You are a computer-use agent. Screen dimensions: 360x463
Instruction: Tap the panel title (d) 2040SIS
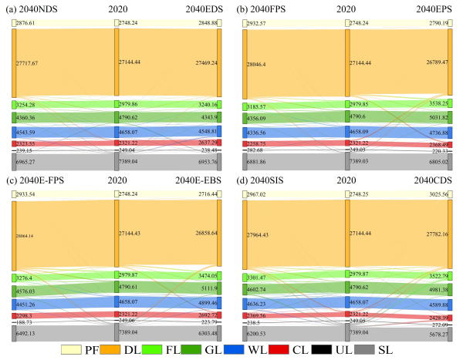[x=262, y=181]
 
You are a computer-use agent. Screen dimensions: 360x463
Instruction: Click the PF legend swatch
[x=70, y=351]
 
